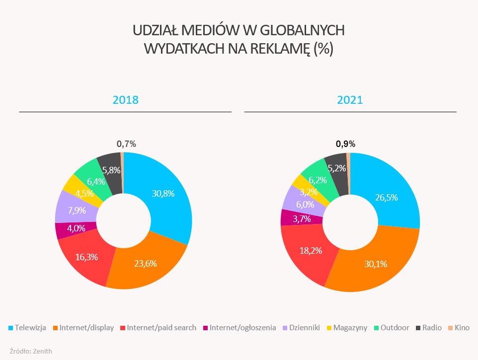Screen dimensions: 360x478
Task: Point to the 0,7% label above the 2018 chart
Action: point(126,144)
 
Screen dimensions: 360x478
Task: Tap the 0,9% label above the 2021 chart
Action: point(346,144)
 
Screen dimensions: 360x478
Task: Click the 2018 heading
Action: point(125,99)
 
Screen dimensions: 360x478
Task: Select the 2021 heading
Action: point(350,99)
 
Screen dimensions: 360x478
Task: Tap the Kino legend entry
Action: point(462,328)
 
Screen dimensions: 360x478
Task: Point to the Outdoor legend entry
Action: point(395,328)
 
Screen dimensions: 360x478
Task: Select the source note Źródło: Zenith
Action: point(31,351)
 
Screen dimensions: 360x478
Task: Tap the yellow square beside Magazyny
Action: point(329,328)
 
